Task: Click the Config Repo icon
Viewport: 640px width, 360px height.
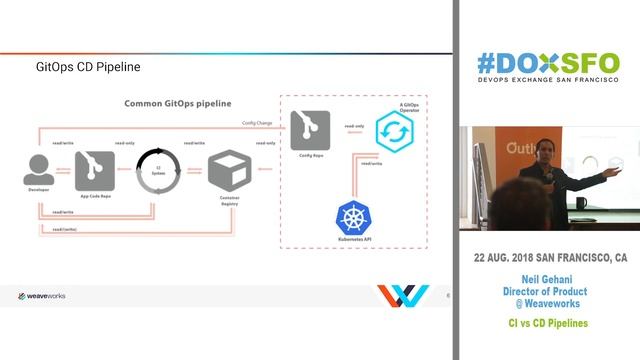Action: [x=310, y=128]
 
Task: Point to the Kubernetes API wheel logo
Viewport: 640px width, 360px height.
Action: [x=352, y=217]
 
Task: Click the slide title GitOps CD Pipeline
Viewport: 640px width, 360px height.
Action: [x=87, y=68]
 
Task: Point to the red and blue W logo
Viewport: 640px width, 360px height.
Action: [x=403, y=297]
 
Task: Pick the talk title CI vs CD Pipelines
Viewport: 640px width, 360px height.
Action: [x=546, y=324]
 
